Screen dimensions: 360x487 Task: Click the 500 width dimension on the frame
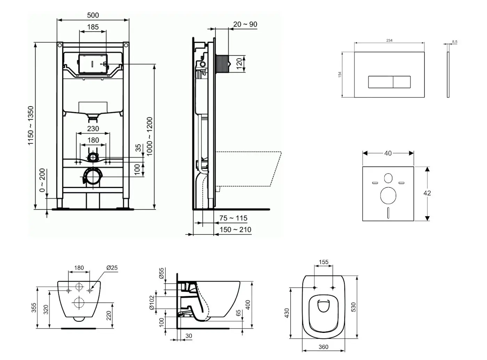coord(93,15)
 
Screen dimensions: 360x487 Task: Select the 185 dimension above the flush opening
coord(93,27)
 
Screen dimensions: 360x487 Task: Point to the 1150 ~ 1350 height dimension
coord(31,126)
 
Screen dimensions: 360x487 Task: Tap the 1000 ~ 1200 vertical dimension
coord(150,136)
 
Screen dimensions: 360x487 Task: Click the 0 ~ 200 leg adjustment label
coord(42,180)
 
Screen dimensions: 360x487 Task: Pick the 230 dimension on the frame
coord(93,128)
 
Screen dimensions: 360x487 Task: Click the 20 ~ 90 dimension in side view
coord(245,24)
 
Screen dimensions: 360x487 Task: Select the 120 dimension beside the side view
coord(239,64)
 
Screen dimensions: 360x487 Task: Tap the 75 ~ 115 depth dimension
coord(233,218)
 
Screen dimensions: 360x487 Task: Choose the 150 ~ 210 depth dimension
coord(235,230)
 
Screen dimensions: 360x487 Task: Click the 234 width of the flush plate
coord(389,40)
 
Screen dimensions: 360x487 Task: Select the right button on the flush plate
coord(401,82)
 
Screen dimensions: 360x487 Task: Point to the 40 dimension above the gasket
coord(388,153)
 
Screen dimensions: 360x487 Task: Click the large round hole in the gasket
coord(388,195)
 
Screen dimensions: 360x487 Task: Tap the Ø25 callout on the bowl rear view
coord(112,268)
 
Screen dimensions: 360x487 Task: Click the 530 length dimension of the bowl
coord(353,307)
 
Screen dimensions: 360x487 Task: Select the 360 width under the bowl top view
coord(323,347)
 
